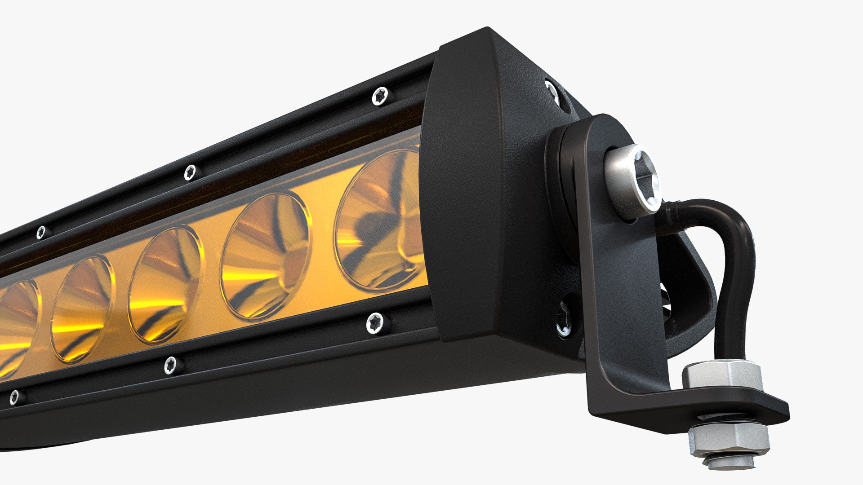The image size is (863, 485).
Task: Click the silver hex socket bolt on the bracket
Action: click(635, 180)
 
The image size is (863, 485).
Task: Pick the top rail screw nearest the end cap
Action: click(380, 96)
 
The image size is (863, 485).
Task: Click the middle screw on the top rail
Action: click(190, 172)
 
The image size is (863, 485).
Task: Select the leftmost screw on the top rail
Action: click(41, 232)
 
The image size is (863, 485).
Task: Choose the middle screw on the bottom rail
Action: click(170, 365)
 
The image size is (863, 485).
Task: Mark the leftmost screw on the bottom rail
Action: click(15, 397)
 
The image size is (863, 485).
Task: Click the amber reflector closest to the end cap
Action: click(380, 220)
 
